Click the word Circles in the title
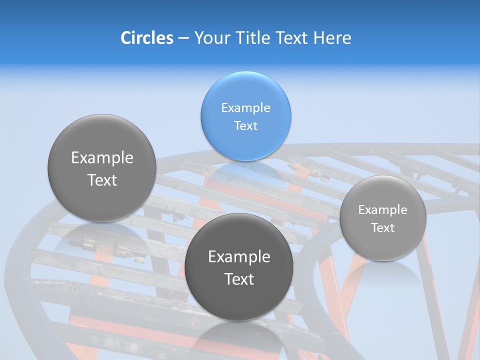click(x=146, y=38)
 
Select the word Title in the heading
click(x=254, y=38)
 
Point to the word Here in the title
click(x=332, y=38)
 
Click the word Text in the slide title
click(x=292, y=38)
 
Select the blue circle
click(x=245, y=116)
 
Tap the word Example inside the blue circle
click(x=245, y=107)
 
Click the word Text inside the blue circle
click(x=245, y=125)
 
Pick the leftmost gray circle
click(x=102, y=168)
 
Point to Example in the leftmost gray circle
click(x=102, y=158)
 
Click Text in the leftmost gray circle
click(x=102, y=180)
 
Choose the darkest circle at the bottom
click(x=239, y=267)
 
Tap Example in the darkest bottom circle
click(x=239, y=257)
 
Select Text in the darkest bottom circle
click(x=239, y=279)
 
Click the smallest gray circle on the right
click(x=383, y=218)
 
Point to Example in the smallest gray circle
click(x=383, y=210)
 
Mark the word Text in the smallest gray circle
click(x=383, y=228)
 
